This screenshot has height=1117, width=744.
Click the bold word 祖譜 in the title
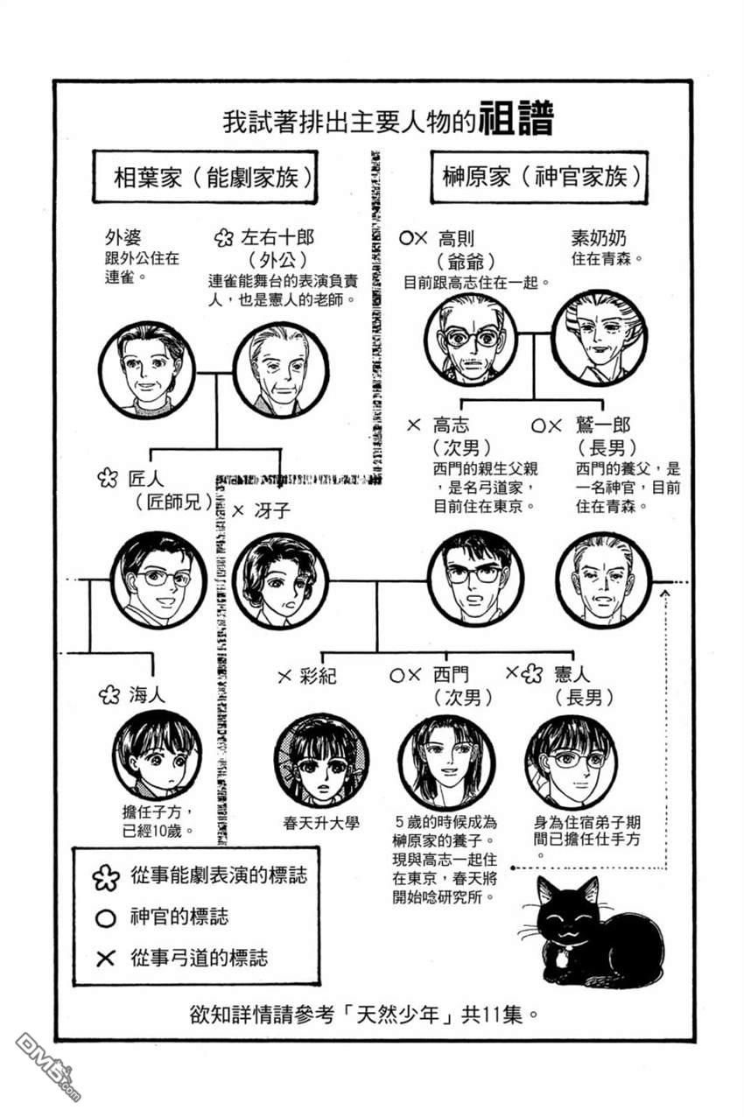pyautogui.click(x=516, y=118)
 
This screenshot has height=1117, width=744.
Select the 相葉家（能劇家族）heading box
pyautogui.click(x=205, y=177)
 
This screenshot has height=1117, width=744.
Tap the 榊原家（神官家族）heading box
pyautogui.click(x=539, y=177)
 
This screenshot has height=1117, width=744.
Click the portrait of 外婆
pyautogui.click(x=146, y=369)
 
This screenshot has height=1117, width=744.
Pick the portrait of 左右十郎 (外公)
pyautogui.click(x=281, y=369)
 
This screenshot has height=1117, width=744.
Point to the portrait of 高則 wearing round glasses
pyautogui.click(x=471, y=340)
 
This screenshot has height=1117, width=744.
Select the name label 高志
pyautogui.click(x=450, y=425)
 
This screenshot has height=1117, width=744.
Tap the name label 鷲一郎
pyautogui.click(x=603, y=425)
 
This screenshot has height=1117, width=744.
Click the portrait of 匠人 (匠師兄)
pyautogui.click(x=158, y=579)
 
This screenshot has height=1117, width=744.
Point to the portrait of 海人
pyautogui.click(x=157, y=754)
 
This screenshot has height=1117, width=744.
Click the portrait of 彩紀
pyautogui.click(x=321, y=762)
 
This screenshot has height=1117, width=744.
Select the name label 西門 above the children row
pyautogui.click(x=451, y=675)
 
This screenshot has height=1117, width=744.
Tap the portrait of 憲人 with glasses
pyautogui.click(x=572, y=762)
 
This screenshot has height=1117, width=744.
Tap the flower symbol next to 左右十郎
pyautogui.click(x=223, y=238)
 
